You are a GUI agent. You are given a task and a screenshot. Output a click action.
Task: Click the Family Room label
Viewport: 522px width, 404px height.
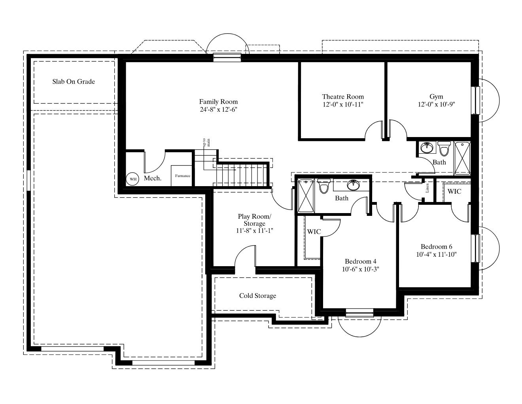click(218, 101)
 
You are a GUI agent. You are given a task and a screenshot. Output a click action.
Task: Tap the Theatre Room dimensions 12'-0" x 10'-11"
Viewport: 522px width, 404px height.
click(343, 105)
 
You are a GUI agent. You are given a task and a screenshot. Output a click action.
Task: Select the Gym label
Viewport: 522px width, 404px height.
click(436, 97)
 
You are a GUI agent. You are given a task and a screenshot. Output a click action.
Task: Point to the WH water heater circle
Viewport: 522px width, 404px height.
click(133, 179)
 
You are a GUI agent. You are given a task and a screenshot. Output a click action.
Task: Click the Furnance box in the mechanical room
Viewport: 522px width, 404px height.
click(182, 175)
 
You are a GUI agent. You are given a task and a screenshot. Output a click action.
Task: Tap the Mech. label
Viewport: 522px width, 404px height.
click(153, 178)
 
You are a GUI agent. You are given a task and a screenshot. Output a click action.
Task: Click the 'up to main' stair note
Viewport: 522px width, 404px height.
click(206, 143)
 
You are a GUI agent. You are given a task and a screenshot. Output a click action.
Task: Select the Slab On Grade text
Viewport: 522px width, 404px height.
click(74, 82)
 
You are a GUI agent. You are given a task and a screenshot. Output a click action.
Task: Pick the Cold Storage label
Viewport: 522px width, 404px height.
click(257, 296)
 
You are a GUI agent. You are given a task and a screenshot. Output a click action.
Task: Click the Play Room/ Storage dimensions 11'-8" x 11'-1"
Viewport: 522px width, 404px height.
click(254, 231)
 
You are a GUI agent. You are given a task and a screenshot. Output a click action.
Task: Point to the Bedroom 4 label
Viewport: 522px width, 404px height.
click(361, 261)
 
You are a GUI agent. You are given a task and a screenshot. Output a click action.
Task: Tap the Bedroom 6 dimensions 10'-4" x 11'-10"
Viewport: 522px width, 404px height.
click(436, 254)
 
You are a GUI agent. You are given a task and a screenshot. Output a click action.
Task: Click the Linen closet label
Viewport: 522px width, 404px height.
click(427, 188)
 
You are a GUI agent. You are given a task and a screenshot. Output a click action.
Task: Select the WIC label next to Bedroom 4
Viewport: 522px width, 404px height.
click(314, 232)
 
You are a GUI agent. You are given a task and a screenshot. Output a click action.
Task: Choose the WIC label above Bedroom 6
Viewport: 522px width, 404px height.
click(454, 192)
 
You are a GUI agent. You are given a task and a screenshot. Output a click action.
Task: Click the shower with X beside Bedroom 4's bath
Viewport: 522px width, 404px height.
click(306, 196)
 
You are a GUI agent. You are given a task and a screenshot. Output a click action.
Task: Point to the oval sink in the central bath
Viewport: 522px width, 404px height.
click(353, 185)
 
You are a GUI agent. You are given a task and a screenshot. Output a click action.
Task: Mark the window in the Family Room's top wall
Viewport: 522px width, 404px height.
click(227, 57)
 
